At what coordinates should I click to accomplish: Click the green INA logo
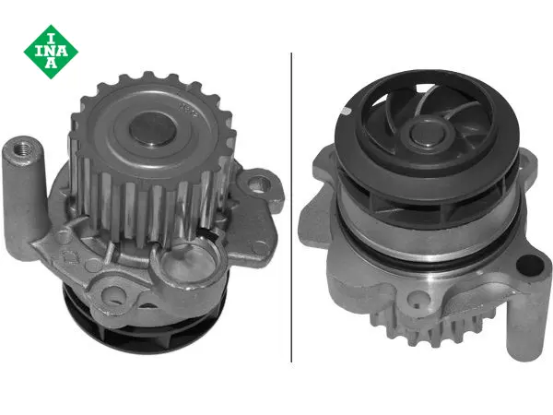coord(51,52)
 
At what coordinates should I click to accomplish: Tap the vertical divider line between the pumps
coord(291,207)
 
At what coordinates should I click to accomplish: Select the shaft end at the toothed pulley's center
coord(152,129)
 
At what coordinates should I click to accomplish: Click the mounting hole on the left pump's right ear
coord(259,184)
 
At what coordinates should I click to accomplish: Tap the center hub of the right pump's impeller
coord(428,132)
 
